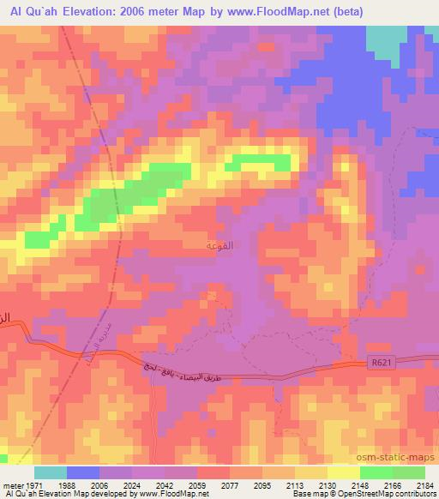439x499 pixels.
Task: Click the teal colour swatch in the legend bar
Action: click(51, 472)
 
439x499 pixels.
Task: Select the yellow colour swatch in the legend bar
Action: click(344, 472)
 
